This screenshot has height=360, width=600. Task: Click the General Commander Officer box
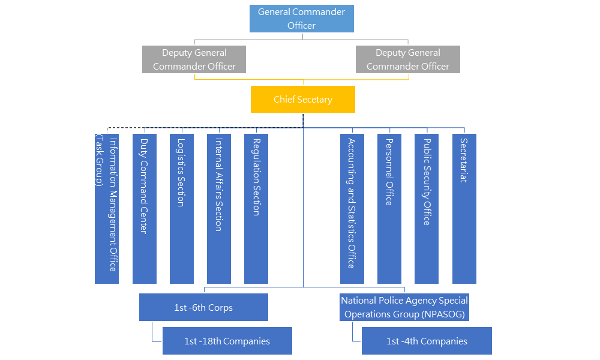pyautogui.click(x=302, y=19)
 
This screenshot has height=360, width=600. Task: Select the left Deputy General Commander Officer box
pyautogui.click(x=194, y=59)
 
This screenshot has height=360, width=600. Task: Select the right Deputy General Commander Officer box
pyautogui.click(x=407, y=59)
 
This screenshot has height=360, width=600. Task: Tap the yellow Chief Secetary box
pyautogui.click(x=302, y=99)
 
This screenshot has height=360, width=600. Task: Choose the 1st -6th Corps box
pyautogui.click(x=203, y=307)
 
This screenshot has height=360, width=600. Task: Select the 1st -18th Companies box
pyautogui.click(x=227, y=341)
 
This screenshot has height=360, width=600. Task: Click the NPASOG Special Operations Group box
pyautogui.click(x=404, y=307)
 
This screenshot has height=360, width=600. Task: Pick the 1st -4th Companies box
pyautogui.click(x=427, y=341)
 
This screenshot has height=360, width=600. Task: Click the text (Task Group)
pyautogui.click(x=99, y=160)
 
